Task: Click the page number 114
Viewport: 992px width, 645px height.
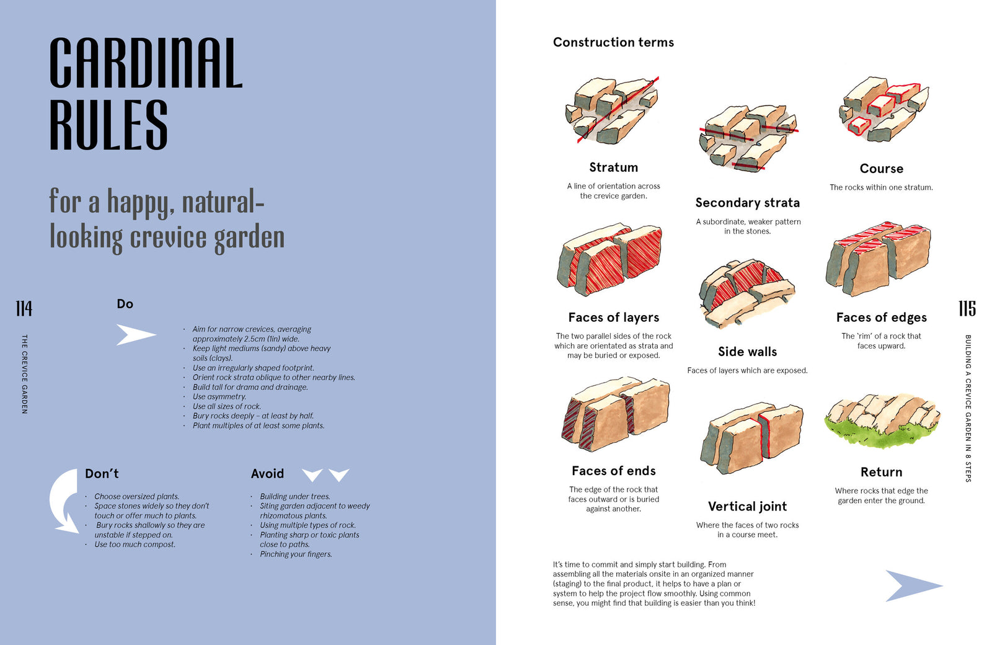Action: pyautogui.click(x=24, y=308)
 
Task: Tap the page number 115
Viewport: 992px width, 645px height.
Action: pyautogui.click(x=967, y=308)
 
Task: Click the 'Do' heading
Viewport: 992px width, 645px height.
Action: pyautogui.click(x=125, y=304)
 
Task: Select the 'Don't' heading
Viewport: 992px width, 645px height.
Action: pyautogui.click(x=102, y=474)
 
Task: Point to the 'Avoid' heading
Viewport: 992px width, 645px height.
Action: pyautogui.click(x=267, y=474)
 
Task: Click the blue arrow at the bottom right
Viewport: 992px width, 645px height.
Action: pyautogui.click(x=914, y=585)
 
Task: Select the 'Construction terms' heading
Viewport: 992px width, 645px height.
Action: pyautogui.click(x=613, y=42)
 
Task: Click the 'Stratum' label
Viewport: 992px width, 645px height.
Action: pyautogui.click(x=613, y=167)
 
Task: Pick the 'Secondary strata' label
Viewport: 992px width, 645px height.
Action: pyautogui.click(x=748, y=202)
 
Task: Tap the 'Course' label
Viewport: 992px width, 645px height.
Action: pyautogui.click(x=881, y=168)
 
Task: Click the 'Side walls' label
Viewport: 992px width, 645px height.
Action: pyautogui.click(x=748, y=351)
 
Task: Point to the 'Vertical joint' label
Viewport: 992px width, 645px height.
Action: pyautogui.click(x=748, y=506)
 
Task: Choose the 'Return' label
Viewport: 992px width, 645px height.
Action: pyautogui.click(x=881, y=472)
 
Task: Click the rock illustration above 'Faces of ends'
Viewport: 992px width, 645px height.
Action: pyautogui.click(x=616, y=414)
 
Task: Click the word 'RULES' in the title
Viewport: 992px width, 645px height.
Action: pyautogui.click(x=108, y=125)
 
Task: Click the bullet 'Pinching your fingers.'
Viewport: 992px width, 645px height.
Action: pyautogui.click(x=296, y=554)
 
